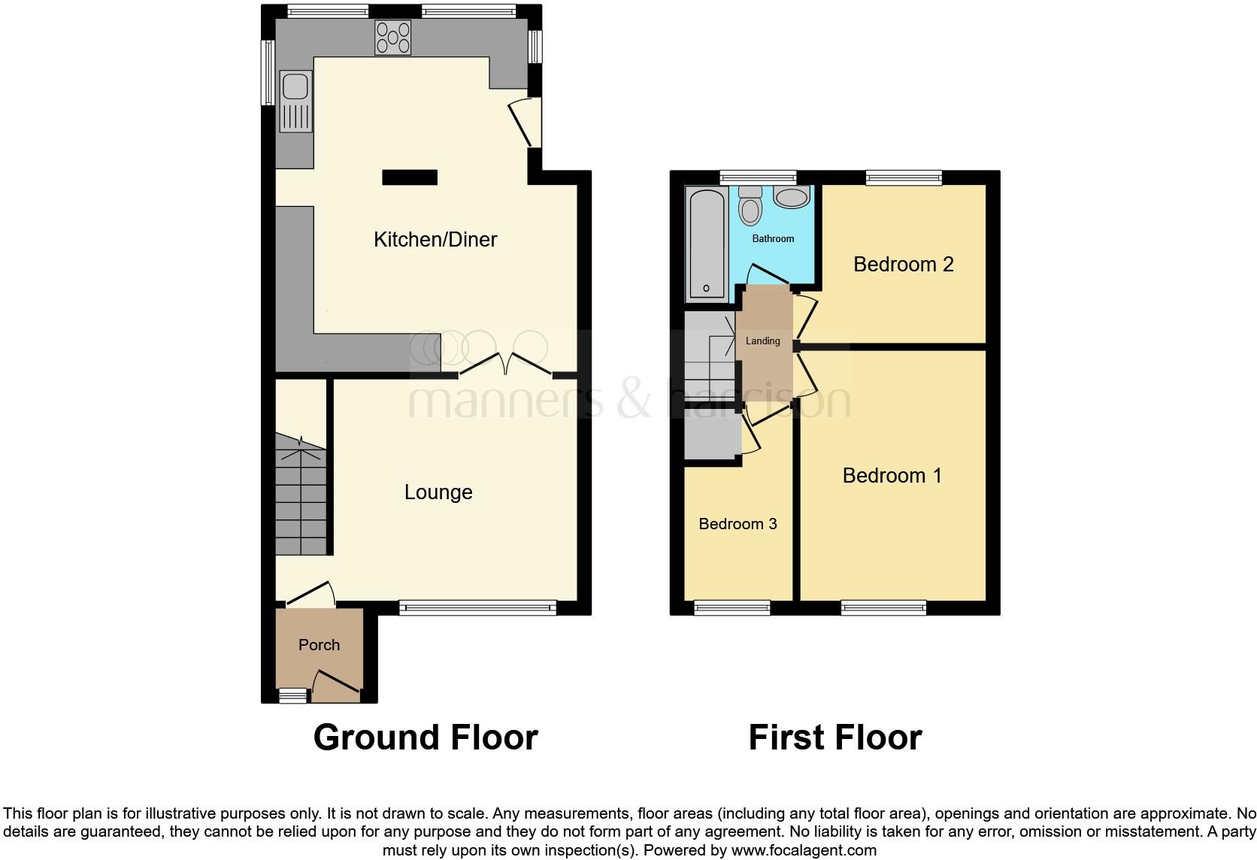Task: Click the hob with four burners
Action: click(393, 38)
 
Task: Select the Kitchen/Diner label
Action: click(435, 240)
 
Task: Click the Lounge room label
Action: click(438, 492)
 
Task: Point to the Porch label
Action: click(319, 645)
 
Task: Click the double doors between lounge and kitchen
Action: click(506, 365)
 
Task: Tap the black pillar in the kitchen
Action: click(410, 177)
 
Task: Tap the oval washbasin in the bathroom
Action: click(791, 198)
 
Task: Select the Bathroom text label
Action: click(773, 238)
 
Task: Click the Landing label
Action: click(762, 341)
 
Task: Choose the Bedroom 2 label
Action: click(903, 265)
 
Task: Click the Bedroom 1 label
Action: click(892, 476)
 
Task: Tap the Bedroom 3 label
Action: click(738, 524)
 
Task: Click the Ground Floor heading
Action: click(426, 737)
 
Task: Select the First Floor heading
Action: click(834, 737)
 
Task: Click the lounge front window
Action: click(477, 607)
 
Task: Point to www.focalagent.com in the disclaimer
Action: click(804, 851)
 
